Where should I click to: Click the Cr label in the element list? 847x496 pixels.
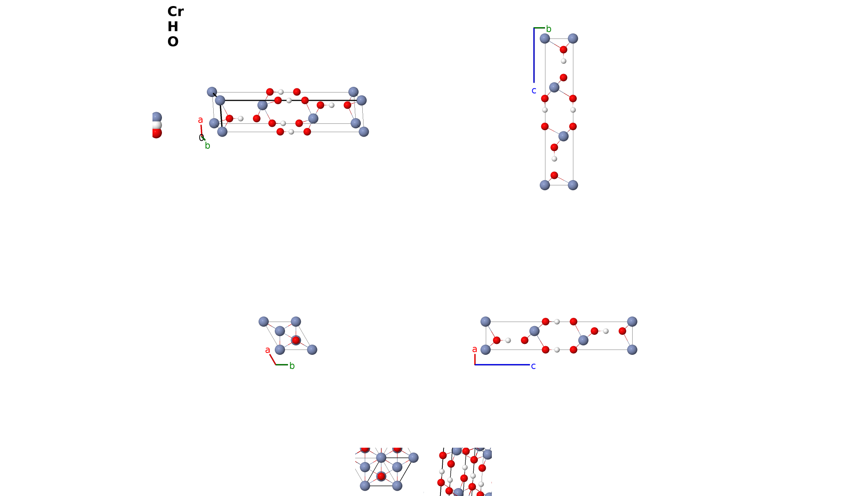coord(176,12)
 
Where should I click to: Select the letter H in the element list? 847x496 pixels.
coord(173,27)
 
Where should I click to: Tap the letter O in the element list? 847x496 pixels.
coord(173,42)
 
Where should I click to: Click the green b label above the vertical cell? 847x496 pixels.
coord(549,29)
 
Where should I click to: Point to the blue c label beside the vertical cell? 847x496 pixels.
coord(534,91)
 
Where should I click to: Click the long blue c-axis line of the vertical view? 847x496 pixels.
coord(534,55)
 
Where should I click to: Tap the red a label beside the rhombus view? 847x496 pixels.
coord(268,350)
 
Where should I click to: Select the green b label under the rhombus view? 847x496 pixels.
coord(292,366)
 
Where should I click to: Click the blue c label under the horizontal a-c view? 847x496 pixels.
coord(533,366)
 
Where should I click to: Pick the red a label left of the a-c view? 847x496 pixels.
coord(474,350)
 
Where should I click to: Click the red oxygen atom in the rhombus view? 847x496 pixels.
coord(296,340)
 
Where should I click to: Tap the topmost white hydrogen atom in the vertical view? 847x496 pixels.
coord(564,61)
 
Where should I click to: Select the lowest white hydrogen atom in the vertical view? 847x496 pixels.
coord(554,159)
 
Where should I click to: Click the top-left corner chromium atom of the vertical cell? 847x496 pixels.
coord(545,38)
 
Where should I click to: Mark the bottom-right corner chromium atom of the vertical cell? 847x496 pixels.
coord(573,185)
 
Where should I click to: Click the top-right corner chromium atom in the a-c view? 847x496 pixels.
coord(632,322)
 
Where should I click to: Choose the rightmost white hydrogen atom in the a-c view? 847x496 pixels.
coord(606,331)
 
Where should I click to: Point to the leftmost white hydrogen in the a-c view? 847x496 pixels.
coord(508,340)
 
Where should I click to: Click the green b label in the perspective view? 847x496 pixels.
coord(207,146)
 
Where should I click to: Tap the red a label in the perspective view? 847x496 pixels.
coord(200,120)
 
